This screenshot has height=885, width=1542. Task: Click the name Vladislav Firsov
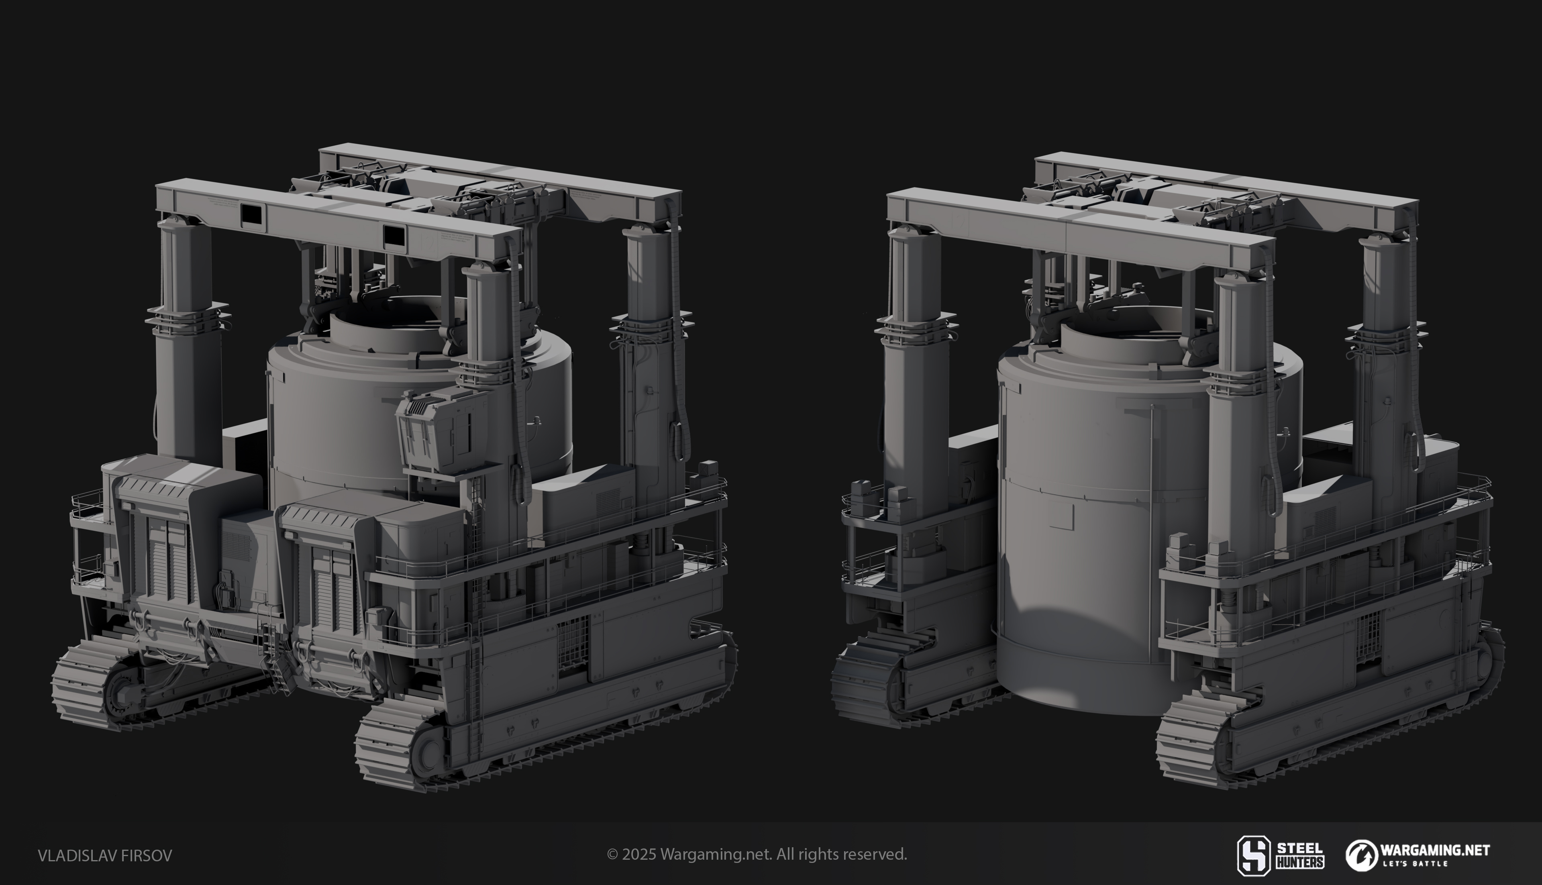(x=104, y=855)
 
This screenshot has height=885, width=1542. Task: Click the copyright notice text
(x=757, y=854)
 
